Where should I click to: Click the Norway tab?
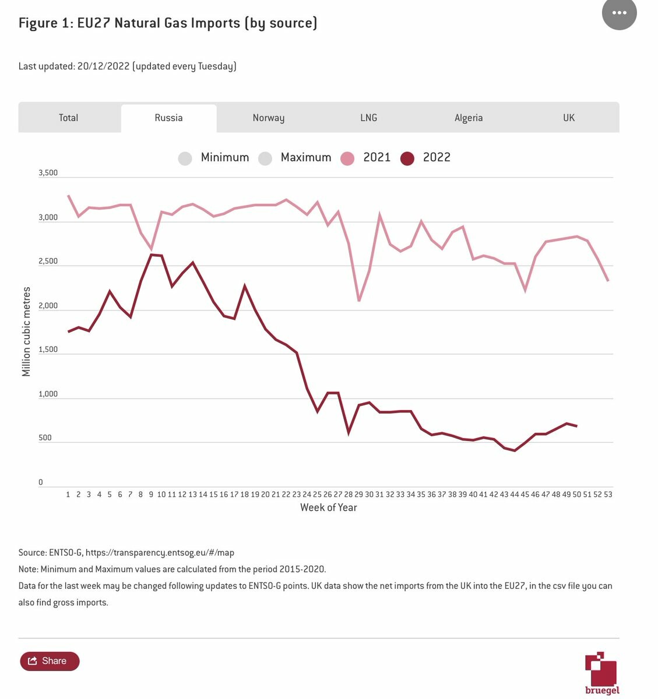click(269, 118)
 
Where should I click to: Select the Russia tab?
click(168, 118)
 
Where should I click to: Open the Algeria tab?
click(469, 118)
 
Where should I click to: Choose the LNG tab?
click(369, 118)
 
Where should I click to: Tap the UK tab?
click(569, 118)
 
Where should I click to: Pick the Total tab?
click(68, 118)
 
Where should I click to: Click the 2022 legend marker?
click(407, 158)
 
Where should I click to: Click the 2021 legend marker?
click(347, 158)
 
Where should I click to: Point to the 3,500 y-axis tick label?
click(48, 173)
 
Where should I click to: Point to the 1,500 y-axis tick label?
click(48, 349)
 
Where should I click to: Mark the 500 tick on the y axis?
click(45, 438)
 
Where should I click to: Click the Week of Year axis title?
click(328, 507)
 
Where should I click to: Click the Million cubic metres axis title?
click(26, 331)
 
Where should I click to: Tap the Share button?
click(50, 661)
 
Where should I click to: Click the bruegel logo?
click(601, 673)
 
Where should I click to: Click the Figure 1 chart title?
click(168, 23)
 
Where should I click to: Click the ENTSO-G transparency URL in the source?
click(160, 552)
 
